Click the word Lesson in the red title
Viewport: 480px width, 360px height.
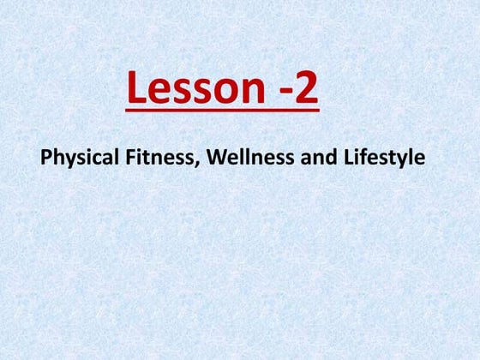[x=196, y=87]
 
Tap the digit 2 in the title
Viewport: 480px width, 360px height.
[x=306, y=87]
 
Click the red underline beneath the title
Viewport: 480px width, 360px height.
[x=223, y=110]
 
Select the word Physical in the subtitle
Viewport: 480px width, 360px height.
[x=80, y=158]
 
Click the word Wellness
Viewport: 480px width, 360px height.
[x=250, y=157]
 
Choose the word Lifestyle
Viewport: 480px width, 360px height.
[x=385, y=158]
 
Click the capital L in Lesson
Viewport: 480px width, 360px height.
[x=136, y=87]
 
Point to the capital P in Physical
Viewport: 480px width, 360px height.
[x=46, y=157]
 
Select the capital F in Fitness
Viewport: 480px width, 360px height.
[x=131, y=157]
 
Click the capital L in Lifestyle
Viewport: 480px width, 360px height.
[x=349, y=157]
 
